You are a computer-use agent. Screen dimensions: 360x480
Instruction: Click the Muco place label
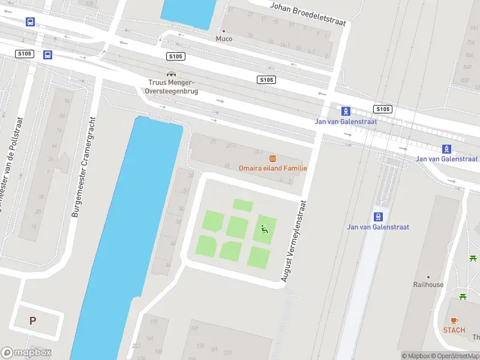224,39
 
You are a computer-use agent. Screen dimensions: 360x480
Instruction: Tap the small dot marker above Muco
224,31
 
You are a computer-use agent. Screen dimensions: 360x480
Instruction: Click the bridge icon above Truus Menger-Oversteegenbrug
171,74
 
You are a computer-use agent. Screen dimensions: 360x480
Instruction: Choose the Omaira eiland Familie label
273,168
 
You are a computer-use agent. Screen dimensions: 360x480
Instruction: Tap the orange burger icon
273,158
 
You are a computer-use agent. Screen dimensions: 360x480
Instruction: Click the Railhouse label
428,284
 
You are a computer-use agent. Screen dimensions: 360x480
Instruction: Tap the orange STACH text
454,330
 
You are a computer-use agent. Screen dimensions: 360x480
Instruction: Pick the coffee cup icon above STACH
454,320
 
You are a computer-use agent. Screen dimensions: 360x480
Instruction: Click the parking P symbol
32,320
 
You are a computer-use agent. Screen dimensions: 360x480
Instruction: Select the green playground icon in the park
263,228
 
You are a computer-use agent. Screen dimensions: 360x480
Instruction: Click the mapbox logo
26,353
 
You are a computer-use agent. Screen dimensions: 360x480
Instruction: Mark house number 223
227,352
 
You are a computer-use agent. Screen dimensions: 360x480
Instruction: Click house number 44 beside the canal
168,265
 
